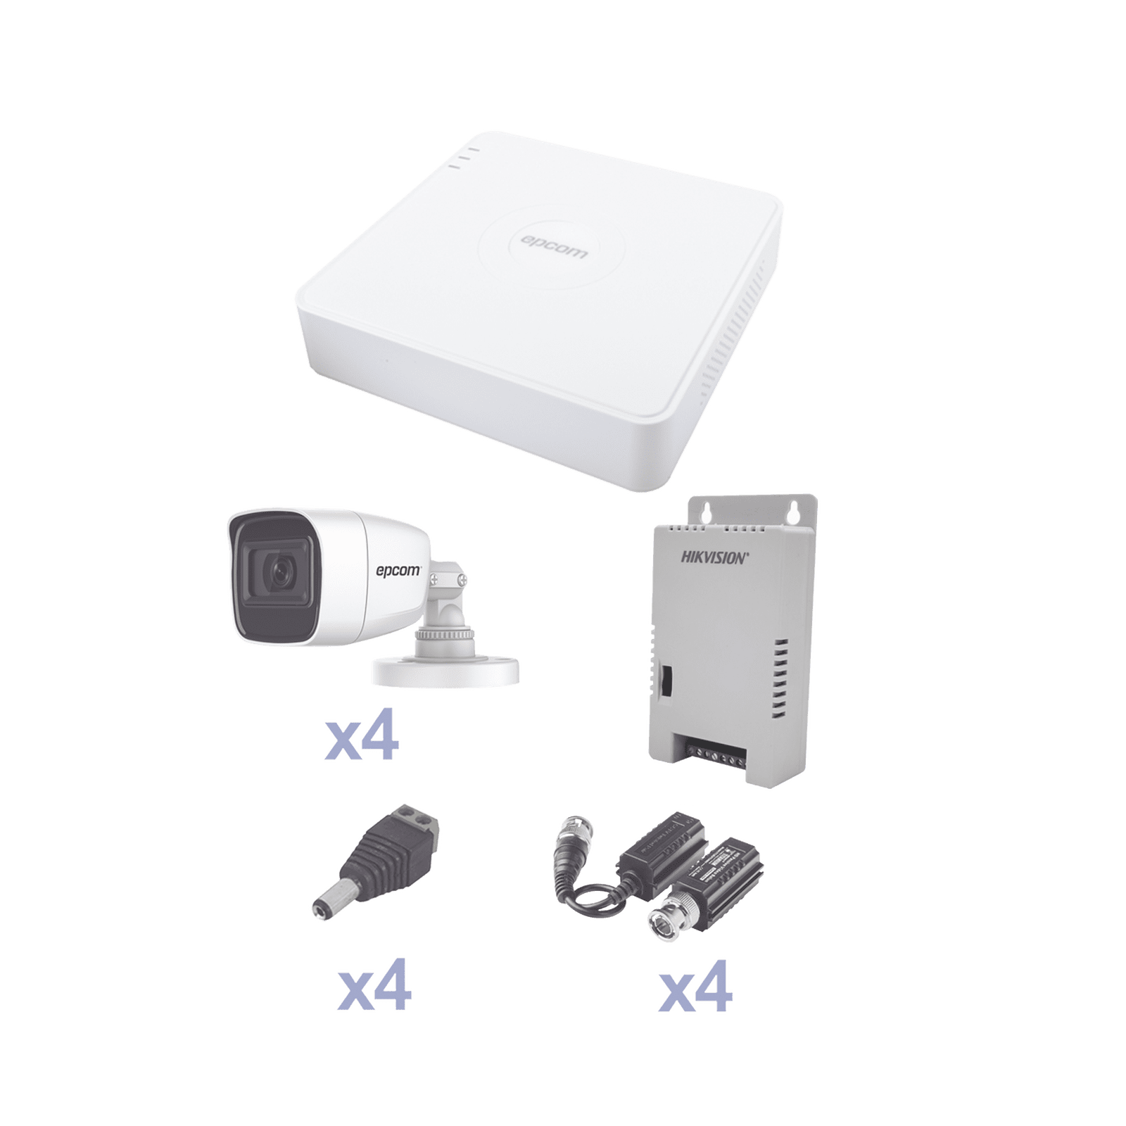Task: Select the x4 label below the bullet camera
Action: [x=360, y=740]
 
